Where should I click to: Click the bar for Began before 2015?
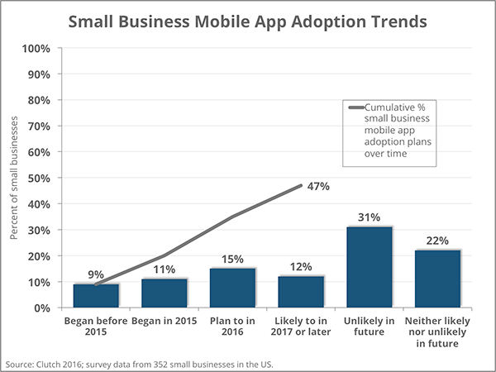[96, 295]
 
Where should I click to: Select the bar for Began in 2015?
[165, 293]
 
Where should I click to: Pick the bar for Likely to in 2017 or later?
[301, 292]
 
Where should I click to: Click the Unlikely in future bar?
[370, 267]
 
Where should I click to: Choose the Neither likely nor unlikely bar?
[437, 279]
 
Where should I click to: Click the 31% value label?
[370, 217]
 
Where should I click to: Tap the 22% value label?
[437, 241]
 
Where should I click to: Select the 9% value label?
[96, 274]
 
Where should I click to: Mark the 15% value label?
[232, 259]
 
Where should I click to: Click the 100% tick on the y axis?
[36, 48]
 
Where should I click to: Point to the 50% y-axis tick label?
[39, 178]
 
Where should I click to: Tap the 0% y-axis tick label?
[42, 308]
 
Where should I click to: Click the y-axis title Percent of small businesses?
[14, 178]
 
